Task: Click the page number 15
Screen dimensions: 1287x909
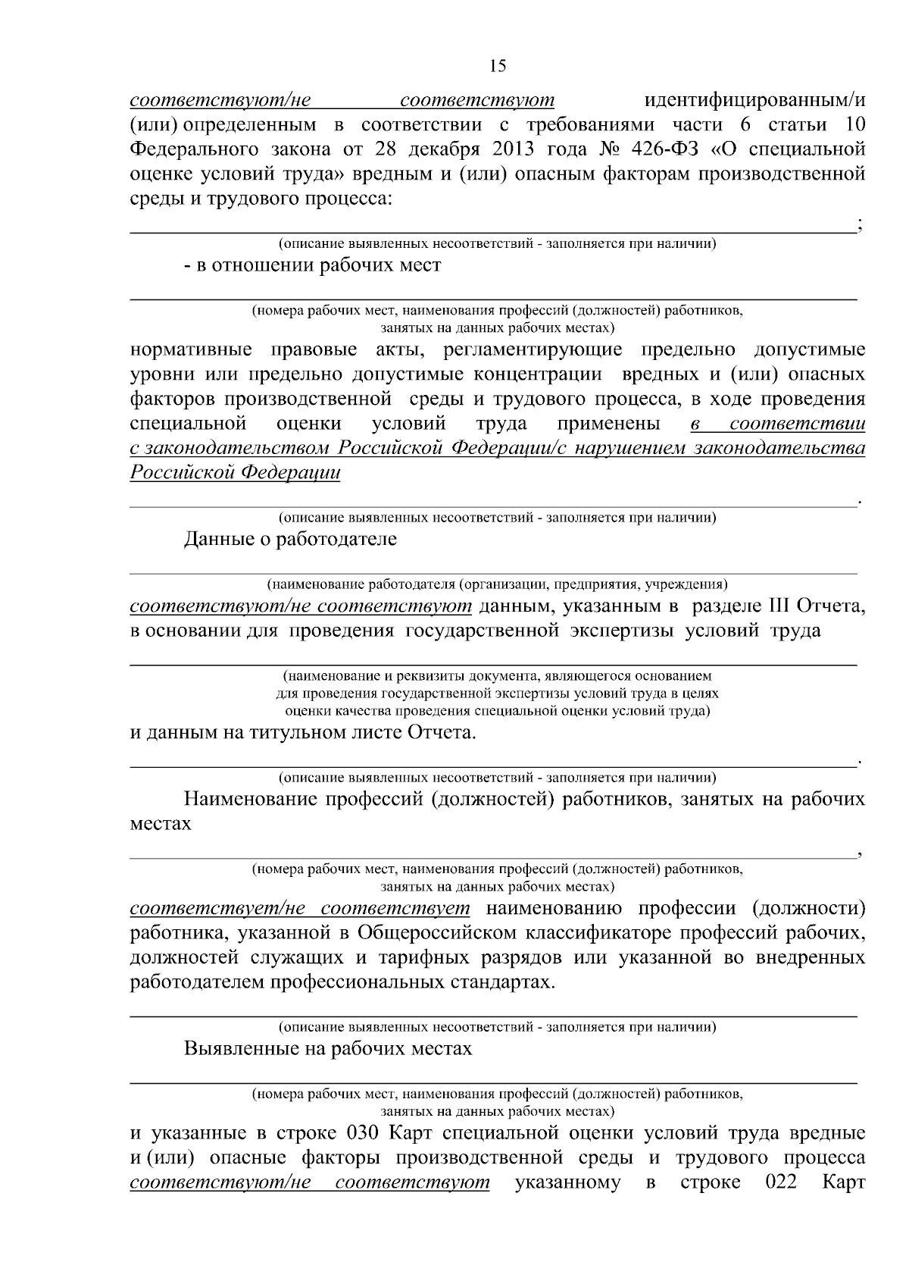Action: (497, 66)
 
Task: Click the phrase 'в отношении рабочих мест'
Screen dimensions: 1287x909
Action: (312, 265)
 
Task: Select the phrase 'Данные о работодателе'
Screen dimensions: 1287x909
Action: (290, 540)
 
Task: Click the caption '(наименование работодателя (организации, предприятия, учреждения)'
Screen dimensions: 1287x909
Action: (496, 584)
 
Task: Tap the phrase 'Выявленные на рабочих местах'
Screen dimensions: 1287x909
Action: (327, 1049)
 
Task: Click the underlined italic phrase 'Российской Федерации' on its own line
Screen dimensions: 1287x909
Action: (235, 472)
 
